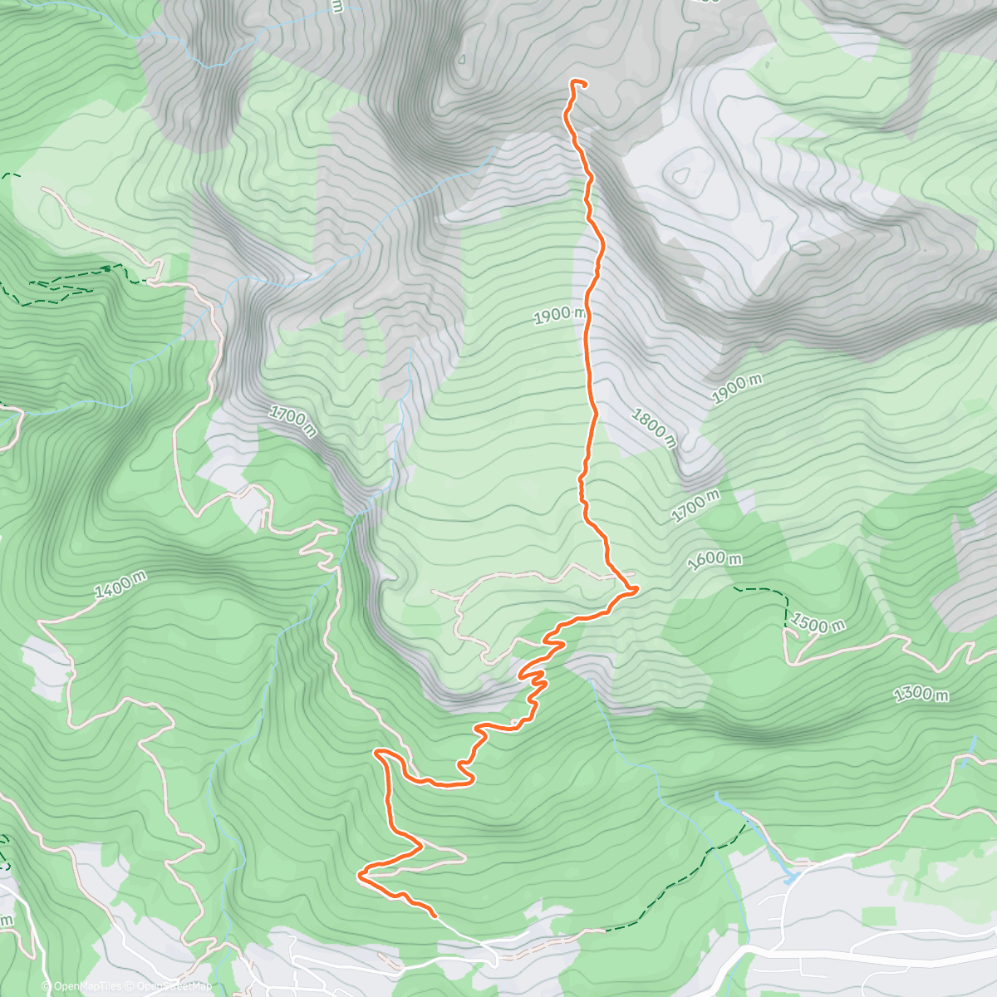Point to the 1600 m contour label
tap(715, 561)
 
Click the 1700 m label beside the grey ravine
tap(292, 421)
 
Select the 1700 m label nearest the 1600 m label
tap(695, 506)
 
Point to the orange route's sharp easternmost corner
tap(636, 590)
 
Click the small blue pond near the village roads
tap(789, 876)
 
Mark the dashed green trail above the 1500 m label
tap(760, 590)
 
